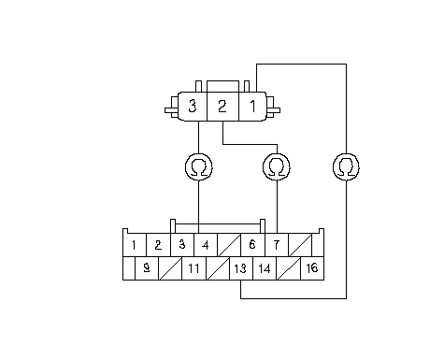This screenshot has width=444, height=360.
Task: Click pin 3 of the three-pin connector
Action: coord(193,107)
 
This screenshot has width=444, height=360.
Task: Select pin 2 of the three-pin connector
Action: coord(222,107)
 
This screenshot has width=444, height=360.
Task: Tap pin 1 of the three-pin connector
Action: coord(252,107)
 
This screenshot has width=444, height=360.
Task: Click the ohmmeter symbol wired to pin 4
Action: coord(199,166)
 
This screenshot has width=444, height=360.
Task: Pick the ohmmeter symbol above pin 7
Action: coord(277,166)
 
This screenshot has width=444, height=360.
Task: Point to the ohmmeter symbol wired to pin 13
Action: coord(346,166)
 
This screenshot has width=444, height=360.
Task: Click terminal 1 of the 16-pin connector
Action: coord(135,245)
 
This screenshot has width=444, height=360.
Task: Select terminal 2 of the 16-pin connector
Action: coord(158,245)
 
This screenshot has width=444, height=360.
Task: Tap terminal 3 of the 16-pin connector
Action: coord(182,245)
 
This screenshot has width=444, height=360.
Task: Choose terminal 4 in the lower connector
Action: coord(206,245)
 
